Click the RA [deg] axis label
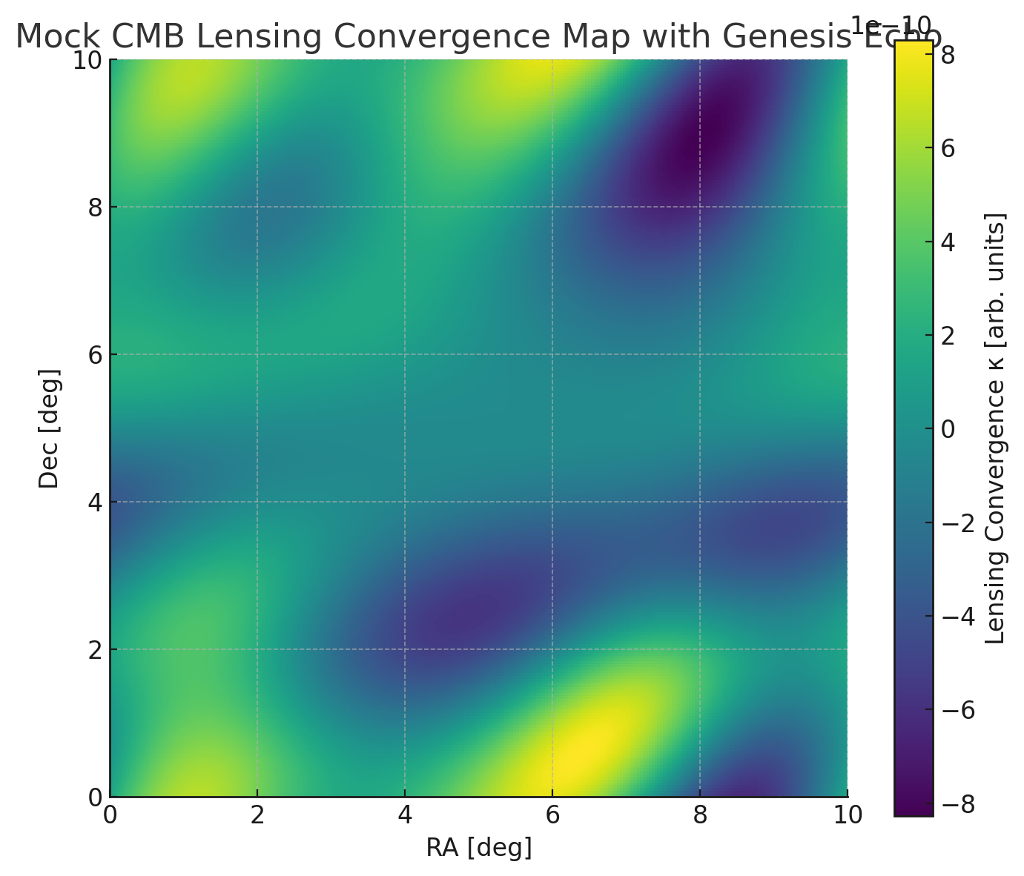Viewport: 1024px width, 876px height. (478, 847)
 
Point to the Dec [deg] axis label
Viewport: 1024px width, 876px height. (49, 428)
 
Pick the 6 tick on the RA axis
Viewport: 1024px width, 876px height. (551, 815)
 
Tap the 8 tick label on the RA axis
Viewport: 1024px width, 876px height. (698, 815)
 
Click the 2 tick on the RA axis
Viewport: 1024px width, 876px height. (257, 815)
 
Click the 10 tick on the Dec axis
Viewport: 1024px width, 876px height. (87, 60)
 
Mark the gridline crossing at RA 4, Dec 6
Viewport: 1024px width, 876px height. (404, 354)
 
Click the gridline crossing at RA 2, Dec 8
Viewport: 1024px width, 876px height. (257, 207)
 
